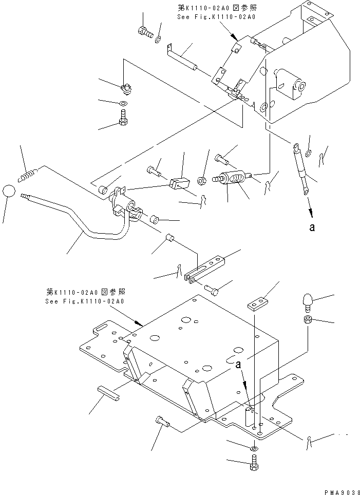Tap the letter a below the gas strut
coord(311,227)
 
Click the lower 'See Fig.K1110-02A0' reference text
coord(84,301)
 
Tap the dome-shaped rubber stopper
coord(307,301)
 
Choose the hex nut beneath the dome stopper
coord(307,320)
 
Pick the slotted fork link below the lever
coord(204,270)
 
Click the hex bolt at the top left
coord(145,32)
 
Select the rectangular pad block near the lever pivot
coord(180,182)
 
